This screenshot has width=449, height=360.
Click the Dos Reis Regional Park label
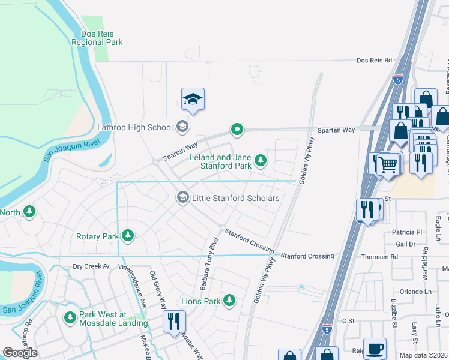97,38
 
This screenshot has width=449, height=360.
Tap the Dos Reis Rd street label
373,61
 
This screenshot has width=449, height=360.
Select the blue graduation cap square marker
193,99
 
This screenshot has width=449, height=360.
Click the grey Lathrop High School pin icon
182,127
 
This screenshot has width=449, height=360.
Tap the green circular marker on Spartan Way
238,129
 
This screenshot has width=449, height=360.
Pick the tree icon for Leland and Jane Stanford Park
261,160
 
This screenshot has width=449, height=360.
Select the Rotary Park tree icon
127,236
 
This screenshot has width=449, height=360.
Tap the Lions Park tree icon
229,300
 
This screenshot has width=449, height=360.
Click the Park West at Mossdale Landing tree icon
70,316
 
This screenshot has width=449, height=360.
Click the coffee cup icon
375,349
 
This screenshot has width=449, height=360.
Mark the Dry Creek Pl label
89,266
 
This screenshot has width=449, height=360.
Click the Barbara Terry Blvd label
208,259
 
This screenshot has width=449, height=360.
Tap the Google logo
20,353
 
